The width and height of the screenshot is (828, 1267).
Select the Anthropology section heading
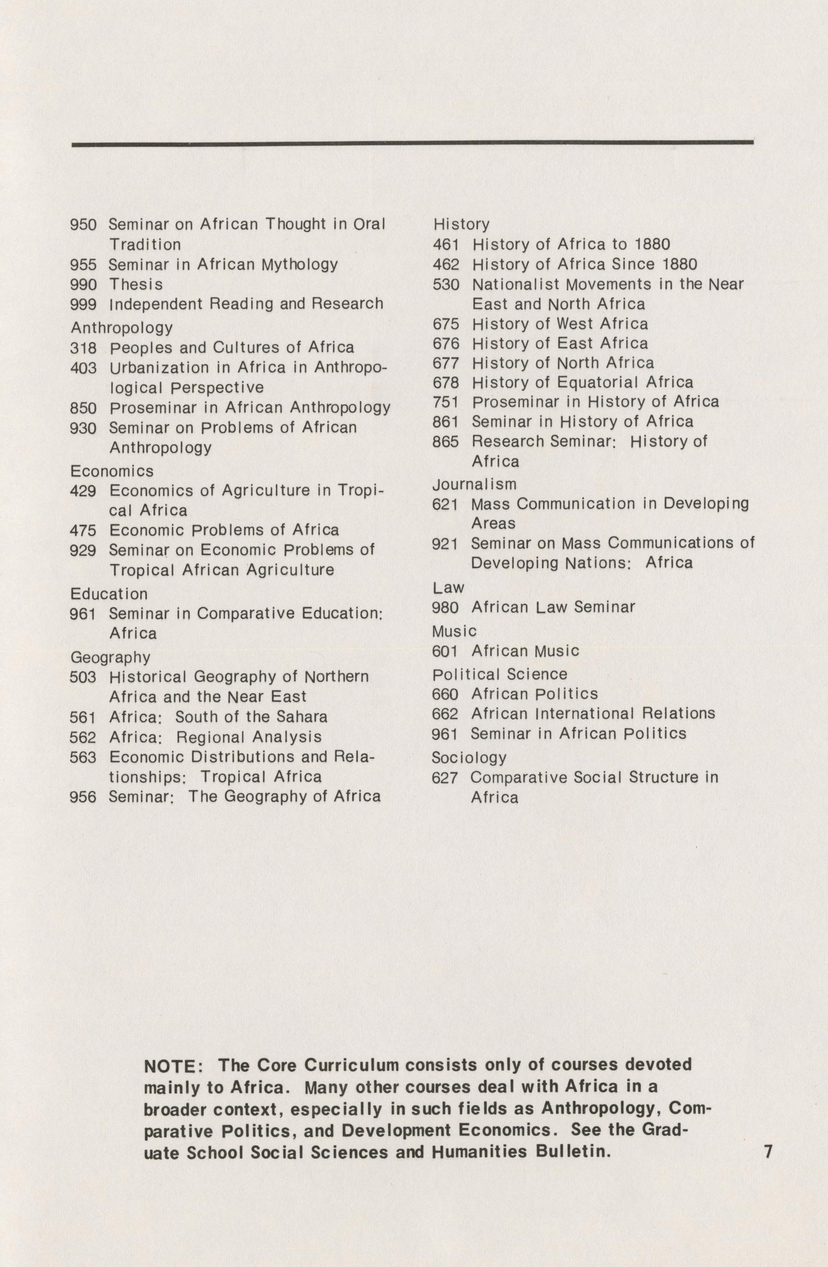(x=121, y=327)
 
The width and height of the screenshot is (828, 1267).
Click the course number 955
(x=83, y=265)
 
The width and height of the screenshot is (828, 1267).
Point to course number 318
(x=83, y=348)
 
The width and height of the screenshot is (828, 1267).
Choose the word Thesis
(x=136, y=285)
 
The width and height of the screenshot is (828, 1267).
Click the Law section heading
(x=448, y=588)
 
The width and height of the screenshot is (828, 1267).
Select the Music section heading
(x=454, y=631)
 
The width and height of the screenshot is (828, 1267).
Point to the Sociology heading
(x=469, y=757)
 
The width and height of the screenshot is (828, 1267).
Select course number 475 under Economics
(x=83, y=531)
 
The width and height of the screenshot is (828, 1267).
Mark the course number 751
(x=446, y=402)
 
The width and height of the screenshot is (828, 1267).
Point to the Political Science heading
(x=499, y=674)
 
